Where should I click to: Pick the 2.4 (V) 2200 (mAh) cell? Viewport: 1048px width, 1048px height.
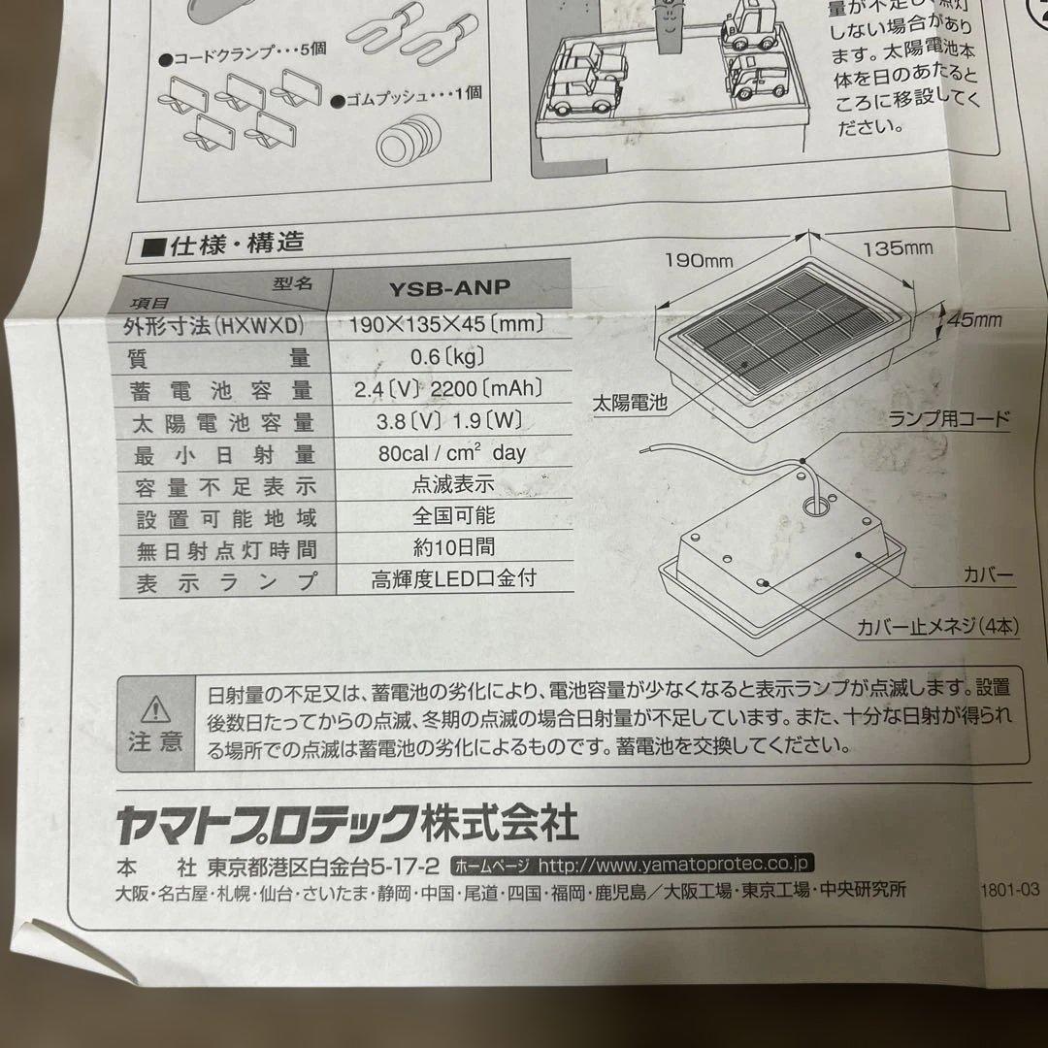448,390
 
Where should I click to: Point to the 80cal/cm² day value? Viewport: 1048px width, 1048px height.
452,452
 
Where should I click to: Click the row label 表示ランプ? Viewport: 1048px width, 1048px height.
228,582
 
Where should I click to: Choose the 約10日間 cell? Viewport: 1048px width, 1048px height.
453,547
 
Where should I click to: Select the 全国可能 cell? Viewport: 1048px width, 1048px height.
453,515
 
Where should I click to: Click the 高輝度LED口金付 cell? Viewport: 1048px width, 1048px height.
453,580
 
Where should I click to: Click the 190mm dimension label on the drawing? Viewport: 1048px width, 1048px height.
698,260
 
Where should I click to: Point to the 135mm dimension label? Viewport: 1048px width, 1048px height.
898,248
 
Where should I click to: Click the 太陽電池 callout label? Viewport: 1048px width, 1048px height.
630,403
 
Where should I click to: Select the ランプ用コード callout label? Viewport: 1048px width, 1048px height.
950,420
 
